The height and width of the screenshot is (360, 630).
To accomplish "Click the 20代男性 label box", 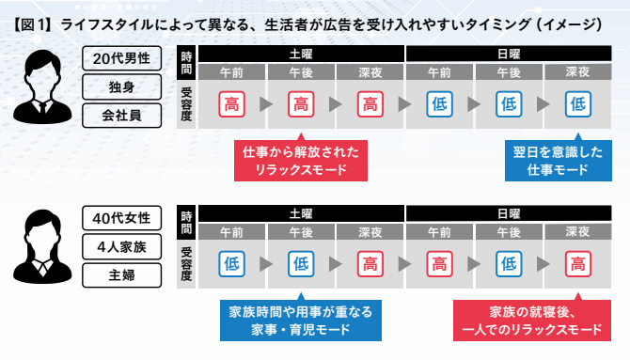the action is (121, 58).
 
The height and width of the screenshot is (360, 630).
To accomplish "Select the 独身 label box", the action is (121, 86).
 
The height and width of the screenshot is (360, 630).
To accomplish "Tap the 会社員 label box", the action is (121, 116).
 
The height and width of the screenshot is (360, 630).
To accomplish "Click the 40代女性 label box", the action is (121, 218).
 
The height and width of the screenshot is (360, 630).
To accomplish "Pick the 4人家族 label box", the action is (121, 246).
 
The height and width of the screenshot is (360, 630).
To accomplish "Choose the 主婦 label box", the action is (121, 275).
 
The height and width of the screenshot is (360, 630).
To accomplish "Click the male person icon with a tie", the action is (42, 86).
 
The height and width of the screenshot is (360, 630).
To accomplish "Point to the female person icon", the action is (42, 246).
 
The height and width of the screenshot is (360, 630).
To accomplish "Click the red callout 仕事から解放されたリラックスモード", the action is (301, 159).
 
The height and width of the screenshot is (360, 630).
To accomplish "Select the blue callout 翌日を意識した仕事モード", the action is (559, 159).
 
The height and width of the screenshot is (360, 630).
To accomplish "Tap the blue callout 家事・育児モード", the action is (301, 319).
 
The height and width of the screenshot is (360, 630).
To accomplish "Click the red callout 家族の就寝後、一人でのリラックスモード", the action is (532, 319).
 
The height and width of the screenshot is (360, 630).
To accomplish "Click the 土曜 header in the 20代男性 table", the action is (301, 54).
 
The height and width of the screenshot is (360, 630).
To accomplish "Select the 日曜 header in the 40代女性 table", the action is (509, 213).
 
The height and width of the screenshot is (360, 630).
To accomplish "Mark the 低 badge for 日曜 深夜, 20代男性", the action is (577, 104).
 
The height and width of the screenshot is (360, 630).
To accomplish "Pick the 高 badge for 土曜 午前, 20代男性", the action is (232, 104).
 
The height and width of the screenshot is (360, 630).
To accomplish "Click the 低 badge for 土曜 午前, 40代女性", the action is (232, 264).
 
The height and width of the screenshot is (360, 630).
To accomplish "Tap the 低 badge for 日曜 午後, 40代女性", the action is (509, 264).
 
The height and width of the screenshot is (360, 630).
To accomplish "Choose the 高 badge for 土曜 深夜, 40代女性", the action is (370, 264).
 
